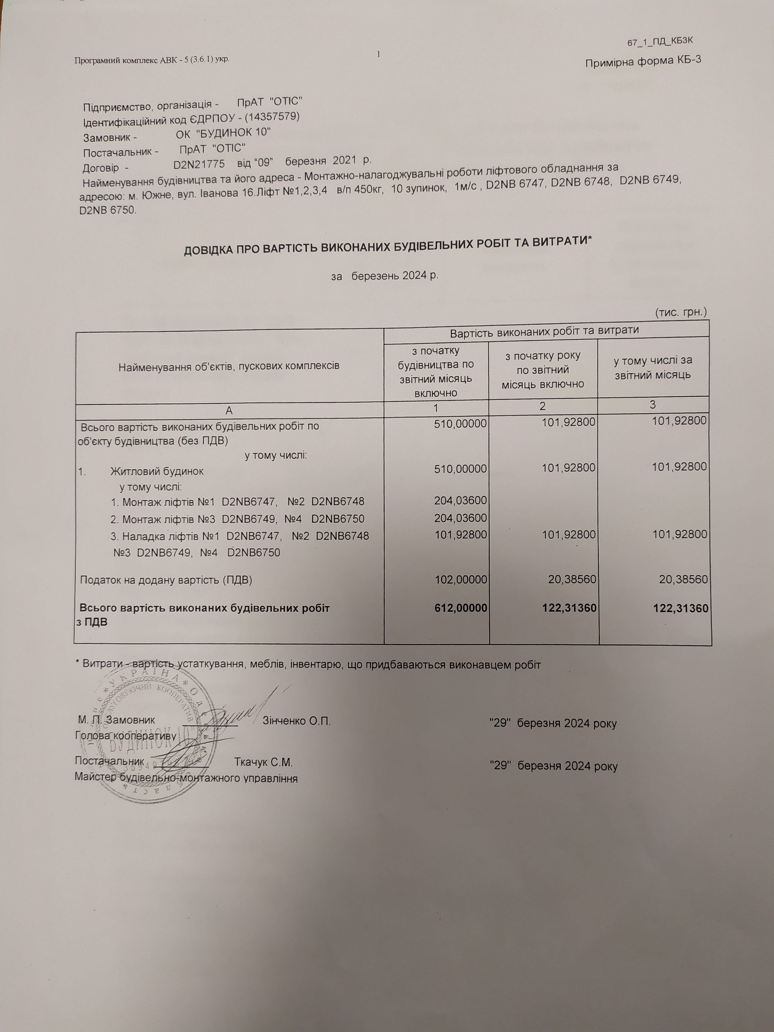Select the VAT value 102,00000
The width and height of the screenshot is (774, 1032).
point(461,580)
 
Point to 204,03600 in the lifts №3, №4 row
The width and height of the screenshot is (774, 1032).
point(461,518)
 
